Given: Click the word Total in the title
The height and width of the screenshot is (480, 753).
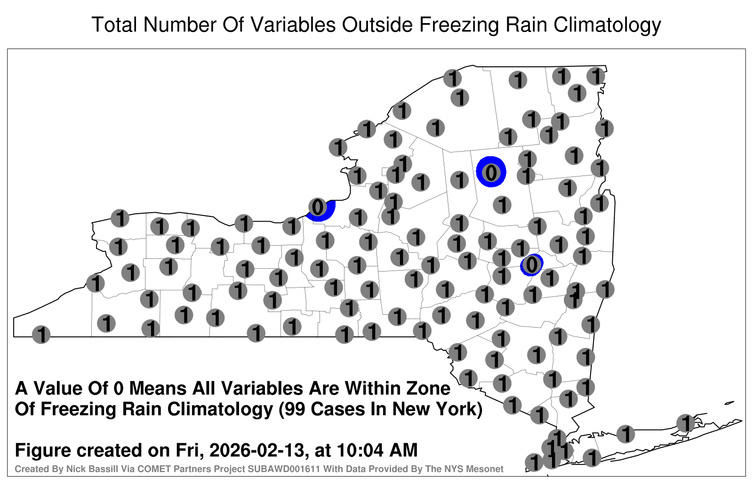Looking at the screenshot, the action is point(114,24).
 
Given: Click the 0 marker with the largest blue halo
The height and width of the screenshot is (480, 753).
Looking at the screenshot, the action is point(491,172).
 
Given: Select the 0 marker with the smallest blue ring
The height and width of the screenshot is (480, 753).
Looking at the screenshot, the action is point(531,265).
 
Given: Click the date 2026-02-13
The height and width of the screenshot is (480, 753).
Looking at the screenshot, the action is point(256,450).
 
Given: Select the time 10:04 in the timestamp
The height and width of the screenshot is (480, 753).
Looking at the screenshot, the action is point(360,450).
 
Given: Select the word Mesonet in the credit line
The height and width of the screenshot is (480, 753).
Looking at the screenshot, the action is point(487,469).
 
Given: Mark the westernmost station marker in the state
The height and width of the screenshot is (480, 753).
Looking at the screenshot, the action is point(41,335).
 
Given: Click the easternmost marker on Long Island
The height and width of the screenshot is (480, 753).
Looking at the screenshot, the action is point(685,423).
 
